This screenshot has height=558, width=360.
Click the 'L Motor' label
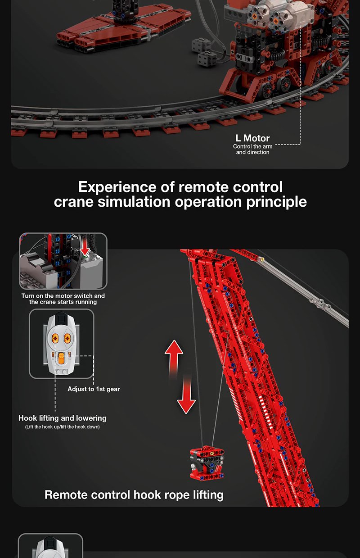click(x=252, y=138)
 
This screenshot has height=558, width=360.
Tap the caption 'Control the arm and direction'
click(x=253, y=149)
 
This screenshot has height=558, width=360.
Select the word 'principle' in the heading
click(x=276, y=202)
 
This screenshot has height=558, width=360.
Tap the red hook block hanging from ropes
click(x=207, y=463)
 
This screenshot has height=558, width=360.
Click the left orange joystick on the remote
click(x=55, y=338)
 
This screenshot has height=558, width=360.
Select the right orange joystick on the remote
click(x=67, y=338)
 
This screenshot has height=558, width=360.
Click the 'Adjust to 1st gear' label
click(x=94, y=389)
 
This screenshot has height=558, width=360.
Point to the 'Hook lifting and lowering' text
click(x=63, y=418)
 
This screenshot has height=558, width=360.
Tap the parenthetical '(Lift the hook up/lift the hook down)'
click(x=62, y=427)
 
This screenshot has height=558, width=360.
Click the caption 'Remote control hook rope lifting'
click(x=134, y=495)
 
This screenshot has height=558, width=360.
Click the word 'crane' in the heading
click(x=74, y=202)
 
